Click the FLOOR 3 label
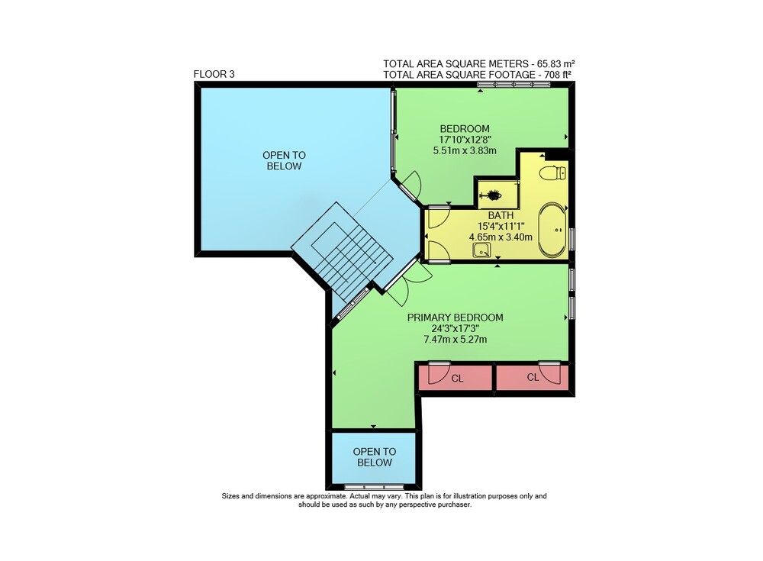(x=214, y=75)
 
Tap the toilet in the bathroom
(x=553, y=172)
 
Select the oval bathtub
(x=552, y=230)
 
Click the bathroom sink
(x=481, y=251)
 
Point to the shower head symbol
(x=491, y=195)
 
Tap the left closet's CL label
(x=457, y=379)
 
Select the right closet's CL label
(x=533, y=377)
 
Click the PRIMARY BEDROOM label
(x=455, y=318)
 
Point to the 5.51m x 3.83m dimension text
(x=465, y=150)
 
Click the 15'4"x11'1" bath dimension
(x=501, y=226)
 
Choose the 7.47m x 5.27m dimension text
(x=456, y=340)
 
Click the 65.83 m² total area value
(x=556, y=64)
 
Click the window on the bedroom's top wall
(x=513, y=84)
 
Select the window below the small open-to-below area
(x=374, y=486)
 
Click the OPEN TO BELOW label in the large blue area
(x=284, y=161)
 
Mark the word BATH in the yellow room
(x=501, y=215)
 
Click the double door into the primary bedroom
(x=407, y=282)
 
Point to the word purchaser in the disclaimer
(x=454, y=505)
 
